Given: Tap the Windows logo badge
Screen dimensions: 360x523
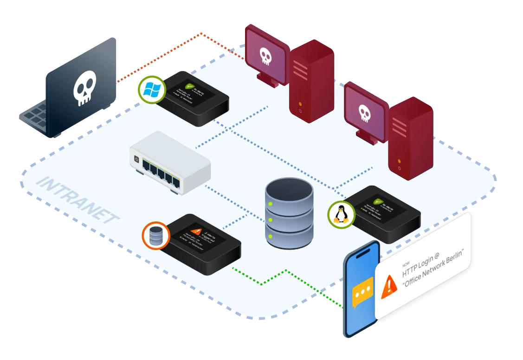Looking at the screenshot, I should click(151, 89).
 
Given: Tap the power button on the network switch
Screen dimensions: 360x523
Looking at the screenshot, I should click(136, 160).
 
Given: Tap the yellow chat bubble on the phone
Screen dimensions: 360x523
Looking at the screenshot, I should click(362, 294).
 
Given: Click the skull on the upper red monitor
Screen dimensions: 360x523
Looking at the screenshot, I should click(266, 56).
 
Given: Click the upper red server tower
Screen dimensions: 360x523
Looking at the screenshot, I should click(311, 81).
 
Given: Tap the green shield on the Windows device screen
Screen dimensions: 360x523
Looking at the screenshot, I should click(188, 87).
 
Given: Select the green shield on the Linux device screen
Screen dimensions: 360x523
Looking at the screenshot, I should click(378, 202).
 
